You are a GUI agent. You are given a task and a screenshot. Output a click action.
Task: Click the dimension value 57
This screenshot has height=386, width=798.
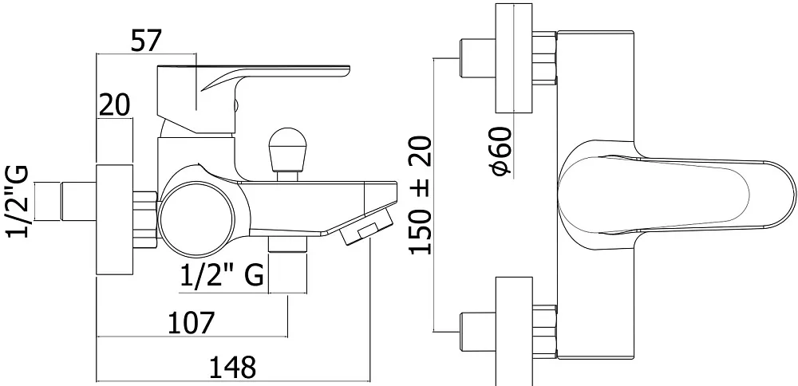pyautogui.click(x=146, y=41)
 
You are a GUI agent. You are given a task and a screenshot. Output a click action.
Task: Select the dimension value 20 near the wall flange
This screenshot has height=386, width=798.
pyautogui.click(x=114, y=104)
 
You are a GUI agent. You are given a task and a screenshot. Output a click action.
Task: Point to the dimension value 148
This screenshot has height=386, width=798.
pyautogui.click(x=232, y=367)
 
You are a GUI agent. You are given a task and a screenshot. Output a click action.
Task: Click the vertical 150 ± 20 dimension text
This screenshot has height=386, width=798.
pyautogui.click(x=421, y=195)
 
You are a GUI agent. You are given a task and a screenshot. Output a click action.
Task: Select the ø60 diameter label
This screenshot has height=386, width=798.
pyautogui.click(x=501, y=152)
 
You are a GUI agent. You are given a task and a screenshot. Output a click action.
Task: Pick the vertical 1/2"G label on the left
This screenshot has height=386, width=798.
pyautogui.click(x=18, y=202)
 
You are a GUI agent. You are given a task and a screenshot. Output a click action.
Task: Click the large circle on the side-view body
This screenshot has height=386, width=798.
pyautogui.click(x=197, y=219)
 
